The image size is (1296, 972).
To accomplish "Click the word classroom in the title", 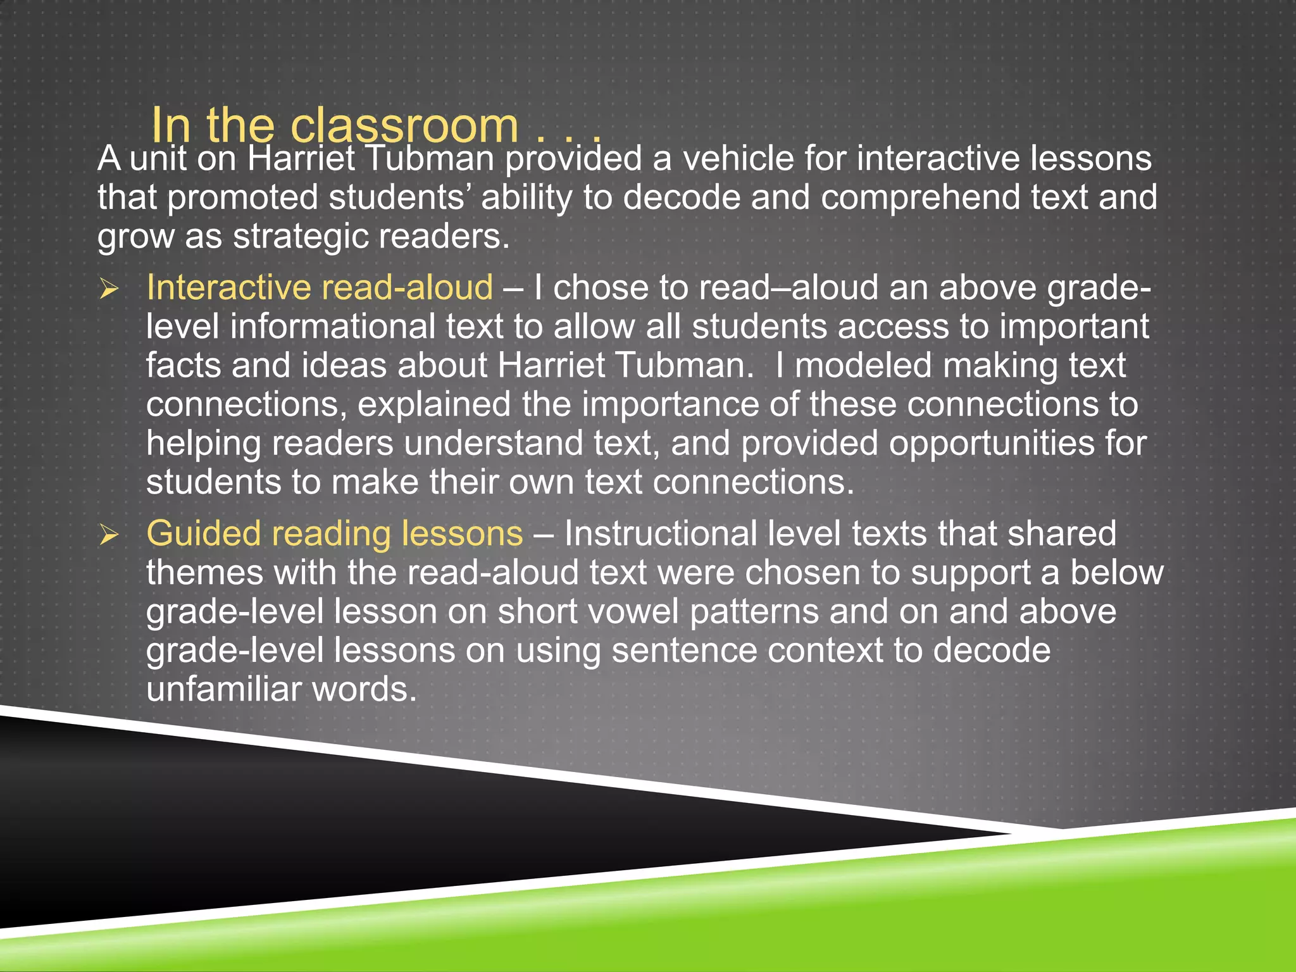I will coord(404,126).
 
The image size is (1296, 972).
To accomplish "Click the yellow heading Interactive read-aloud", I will coord(320,288).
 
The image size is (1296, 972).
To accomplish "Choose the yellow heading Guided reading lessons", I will coord(334,533).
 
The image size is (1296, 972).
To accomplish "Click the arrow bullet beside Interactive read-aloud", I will coord(109,290).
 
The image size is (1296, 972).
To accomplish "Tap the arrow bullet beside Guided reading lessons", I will coord(109,535).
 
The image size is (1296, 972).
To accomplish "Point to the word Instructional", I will coord(660,533).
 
